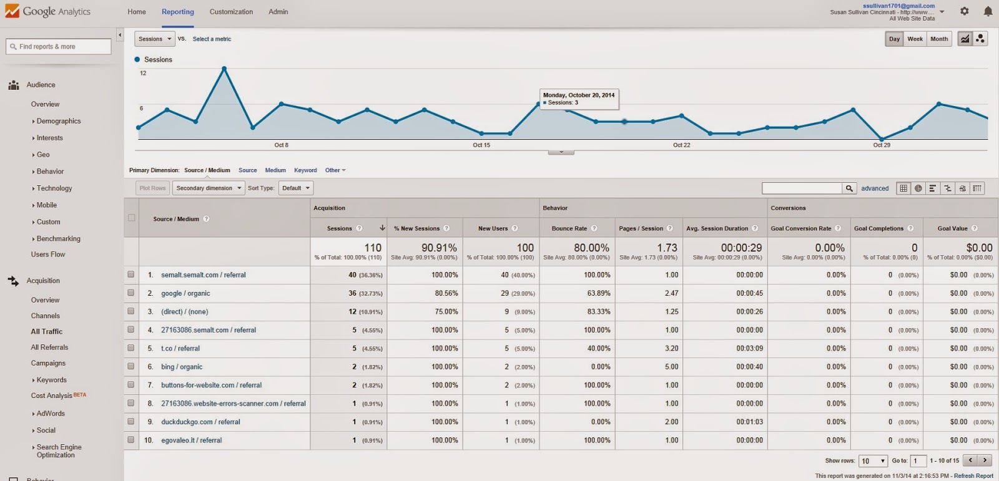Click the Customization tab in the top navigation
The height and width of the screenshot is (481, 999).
tap(231, 12)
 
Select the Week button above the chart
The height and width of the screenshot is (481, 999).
tap(915, 39)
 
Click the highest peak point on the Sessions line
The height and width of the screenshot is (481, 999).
tap(224, 68)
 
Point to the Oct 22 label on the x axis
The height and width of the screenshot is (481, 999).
tap(681, 145)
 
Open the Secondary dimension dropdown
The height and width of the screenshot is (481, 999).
tap(209, 188)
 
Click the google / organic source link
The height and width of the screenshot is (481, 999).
tap(185, 293)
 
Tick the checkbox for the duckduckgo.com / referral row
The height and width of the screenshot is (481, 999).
tap(131, 422)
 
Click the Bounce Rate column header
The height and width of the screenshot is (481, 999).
tap(569, 228)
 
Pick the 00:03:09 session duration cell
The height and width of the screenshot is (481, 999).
tap(749, 348)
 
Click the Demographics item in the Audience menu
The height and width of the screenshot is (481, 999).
tap(59, 121)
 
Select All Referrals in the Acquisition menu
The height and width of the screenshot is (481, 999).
tap(49, 347)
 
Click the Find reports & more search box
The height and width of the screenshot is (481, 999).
tap(59, 46)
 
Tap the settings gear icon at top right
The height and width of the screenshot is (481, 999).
tap(965, 11)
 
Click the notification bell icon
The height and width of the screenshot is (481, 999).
tap(988, 11)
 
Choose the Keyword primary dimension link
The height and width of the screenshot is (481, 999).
tap(305, 170)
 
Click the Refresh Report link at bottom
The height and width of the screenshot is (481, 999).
tap(973, 476)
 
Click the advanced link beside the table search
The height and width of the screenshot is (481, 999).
tap(875, 188)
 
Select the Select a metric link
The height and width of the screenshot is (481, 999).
tap(212, 39)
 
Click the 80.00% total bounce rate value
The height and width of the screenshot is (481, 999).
tap(591, 248)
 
